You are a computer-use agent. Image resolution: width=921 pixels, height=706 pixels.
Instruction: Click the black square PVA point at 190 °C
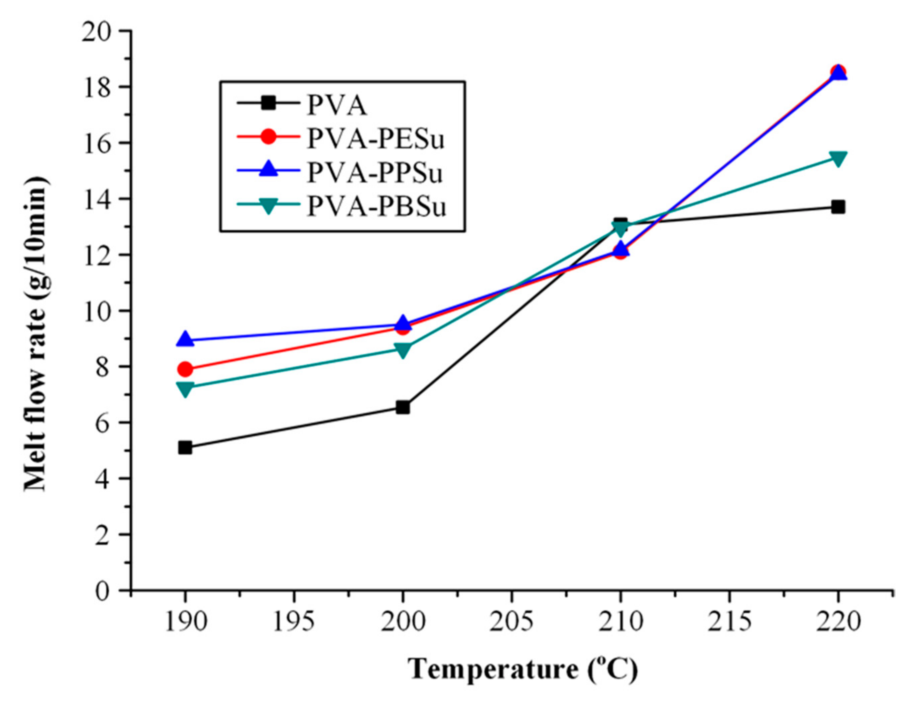185,448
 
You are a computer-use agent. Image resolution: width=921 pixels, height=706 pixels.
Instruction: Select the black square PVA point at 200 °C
402,407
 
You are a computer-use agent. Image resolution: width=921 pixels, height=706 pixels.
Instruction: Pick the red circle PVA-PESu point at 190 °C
185,369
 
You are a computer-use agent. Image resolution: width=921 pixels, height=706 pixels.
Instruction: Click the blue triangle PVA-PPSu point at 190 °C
185,340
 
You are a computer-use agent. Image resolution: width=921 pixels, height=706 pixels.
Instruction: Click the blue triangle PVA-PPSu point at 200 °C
402,324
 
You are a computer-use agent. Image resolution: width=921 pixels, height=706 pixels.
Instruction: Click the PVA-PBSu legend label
376,207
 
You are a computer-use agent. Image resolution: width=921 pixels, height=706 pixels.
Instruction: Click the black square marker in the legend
268,103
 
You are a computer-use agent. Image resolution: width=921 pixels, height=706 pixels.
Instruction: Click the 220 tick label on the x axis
838,622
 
